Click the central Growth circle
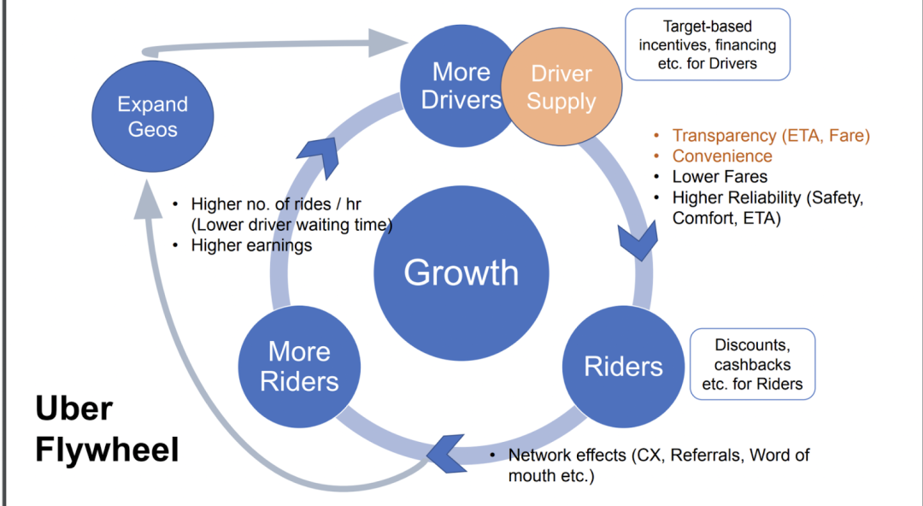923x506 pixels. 461,273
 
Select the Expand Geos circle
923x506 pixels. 153,116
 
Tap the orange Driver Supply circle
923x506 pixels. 561,88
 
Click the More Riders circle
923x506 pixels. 299,366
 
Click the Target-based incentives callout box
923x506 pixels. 708,44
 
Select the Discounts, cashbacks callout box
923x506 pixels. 752,364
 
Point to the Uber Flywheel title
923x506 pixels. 107,429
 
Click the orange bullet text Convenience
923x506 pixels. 722,156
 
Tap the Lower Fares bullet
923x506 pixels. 720,177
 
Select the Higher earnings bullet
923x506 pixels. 251,245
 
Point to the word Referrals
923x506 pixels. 706,455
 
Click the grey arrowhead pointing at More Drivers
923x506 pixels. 388,40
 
